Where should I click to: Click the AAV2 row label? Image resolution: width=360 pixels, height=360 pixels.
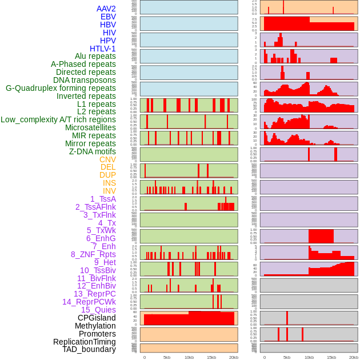106,9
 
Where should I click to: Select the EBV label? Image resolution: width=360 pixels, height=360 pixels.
108,17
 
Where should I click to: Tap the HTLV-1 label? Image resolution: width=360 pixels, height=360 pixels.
103,49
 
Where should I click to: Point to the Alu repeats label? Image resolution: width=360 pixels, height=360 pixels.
95,56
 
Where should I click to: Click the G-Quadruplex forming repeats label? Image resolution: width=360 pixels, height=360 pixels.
61,88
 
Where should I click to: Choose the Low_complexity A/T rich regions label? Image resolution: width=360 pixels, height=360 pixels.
58,119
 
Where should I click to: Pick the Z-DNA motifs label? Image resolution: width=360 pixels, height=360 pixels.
93,151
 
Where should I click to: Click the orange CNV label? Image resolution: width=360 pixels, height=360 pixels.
107,159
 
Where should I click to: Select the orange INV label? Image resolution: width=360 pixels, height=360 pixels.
109,191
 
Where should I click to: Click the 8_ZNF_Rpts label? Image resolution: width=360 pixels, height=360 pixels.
93,254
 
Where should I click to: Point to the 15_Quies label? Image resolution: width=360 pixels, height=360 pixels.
98,310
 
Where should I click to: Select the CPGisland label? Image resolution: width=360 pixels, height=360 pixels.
97,318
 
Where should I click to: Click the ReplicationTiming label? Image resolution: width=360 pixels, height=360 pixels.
85,342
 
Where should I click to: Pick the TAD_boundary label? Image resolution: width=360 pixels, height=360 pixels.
89,349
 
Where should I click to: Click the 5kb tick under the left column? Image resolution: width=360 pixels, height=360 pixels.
167,357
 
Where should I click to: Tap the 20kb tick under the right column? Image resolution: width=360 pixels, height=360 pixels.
354,357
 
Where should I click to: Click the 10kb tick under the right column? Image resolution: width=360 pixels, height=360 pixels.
309,357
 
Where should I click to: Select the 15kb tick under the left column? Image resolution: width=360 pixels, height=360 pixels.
211,357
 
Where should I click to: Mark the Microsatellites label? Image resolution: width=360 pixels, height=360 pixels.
90,127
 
